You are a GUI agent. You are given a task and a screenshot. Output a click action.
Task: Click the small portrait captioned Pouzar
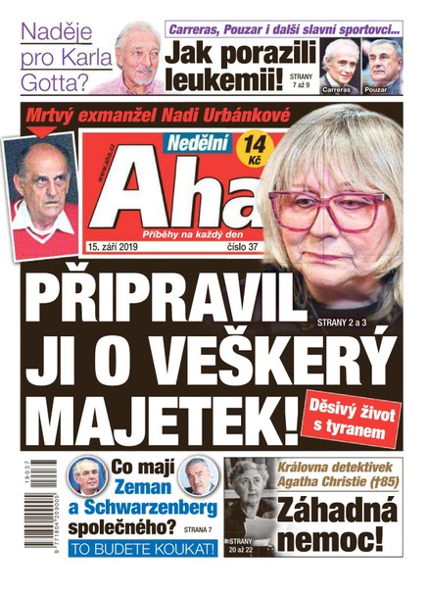(382, 64)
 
